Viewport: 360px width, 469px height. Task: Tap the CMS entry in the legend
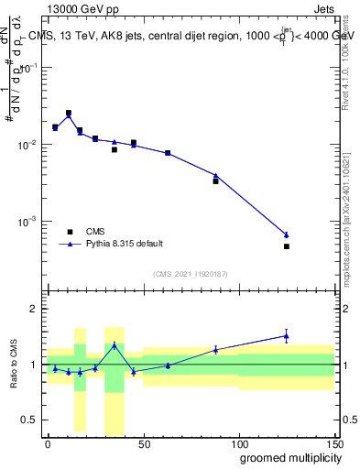coord(91,232)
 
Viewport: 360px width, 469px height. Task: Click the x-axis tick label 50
coord(144,443)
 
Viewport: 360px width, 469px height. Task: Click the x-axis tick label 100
coord(239,443)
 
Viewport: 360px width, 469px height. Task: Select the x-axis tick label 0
coord(48,443)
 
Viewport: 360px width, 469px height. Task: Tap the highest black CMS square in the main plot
coord(69,113)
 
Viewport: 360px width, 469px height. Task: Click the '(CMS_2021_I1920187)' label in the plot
coord(190,274)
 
